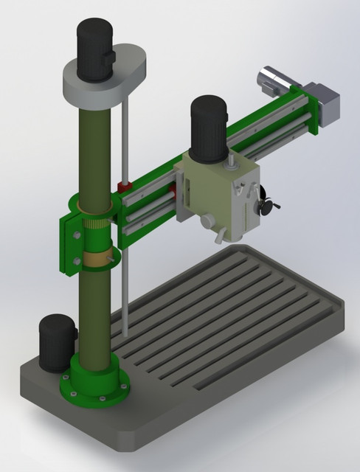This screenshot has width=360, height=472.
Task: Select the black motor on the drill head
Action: coord(209,130)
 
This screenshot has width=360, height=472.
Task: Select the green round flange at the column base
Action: coord(96,386)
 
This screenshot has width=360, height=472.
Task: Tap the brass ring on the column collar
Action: coord(97,258)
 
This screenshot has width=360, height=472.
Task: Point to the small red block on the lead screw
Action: coord(125,185)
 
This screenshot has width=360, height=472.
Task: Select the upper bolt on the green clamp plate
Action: coord(75,234)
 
